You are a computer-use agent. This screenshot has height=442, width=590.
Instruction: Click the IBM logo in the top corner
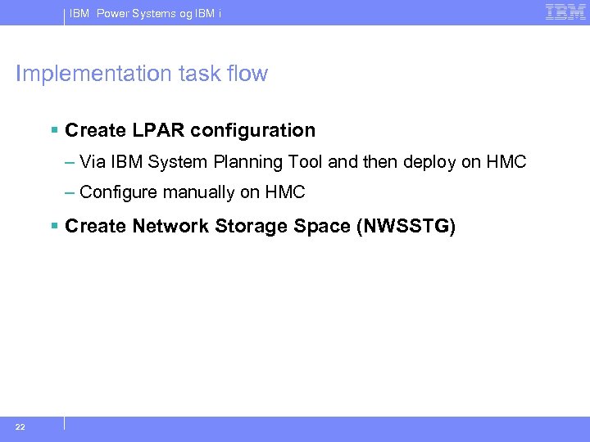pos(565,11)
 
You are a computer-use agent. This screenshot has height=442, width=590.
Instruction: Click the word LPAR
pos(150,130)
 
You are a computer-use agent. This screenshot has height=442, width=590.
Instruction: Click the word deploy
pos(429,162)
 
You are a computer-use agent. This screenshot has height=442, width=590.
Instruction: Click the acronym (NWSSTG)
pos(406,226)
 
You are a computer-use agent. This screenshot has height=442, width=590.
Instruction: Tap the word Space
pos(322,227)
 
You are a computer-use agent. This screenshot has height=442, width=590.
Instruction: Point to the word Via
pos(93,161)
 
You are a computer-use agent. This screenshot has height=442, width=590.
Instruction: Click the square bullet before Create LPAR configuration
pos(54,131)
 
